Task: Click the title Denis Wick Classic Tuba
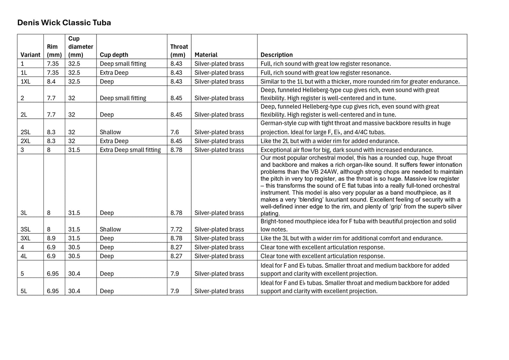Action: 64,23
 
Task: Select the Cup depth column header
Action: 114,55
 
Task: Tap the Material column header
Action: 206,55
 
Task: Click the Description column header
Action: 277,55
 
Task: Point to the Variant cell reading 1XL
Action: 26,82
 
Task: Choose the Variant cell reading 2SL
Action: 26,132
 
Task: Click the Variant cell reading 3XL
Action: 26,238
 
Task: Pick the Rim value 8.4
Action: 51,82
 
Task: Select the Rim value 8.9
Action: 51,238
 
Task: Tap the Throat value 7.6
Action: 175,132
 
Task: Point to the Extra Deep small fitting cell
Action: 130,150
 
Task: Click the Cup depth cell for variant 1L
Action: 114,73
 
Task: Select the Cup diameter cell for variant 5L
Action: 74,291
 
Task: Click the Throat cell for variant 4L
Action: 176,256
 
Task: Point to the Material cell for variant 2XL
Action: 219,141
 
